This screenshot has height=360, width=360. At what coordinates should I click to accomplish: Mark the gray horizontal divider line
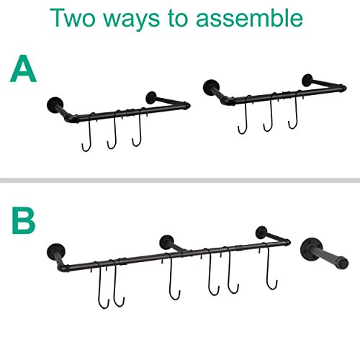(180, 179)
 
